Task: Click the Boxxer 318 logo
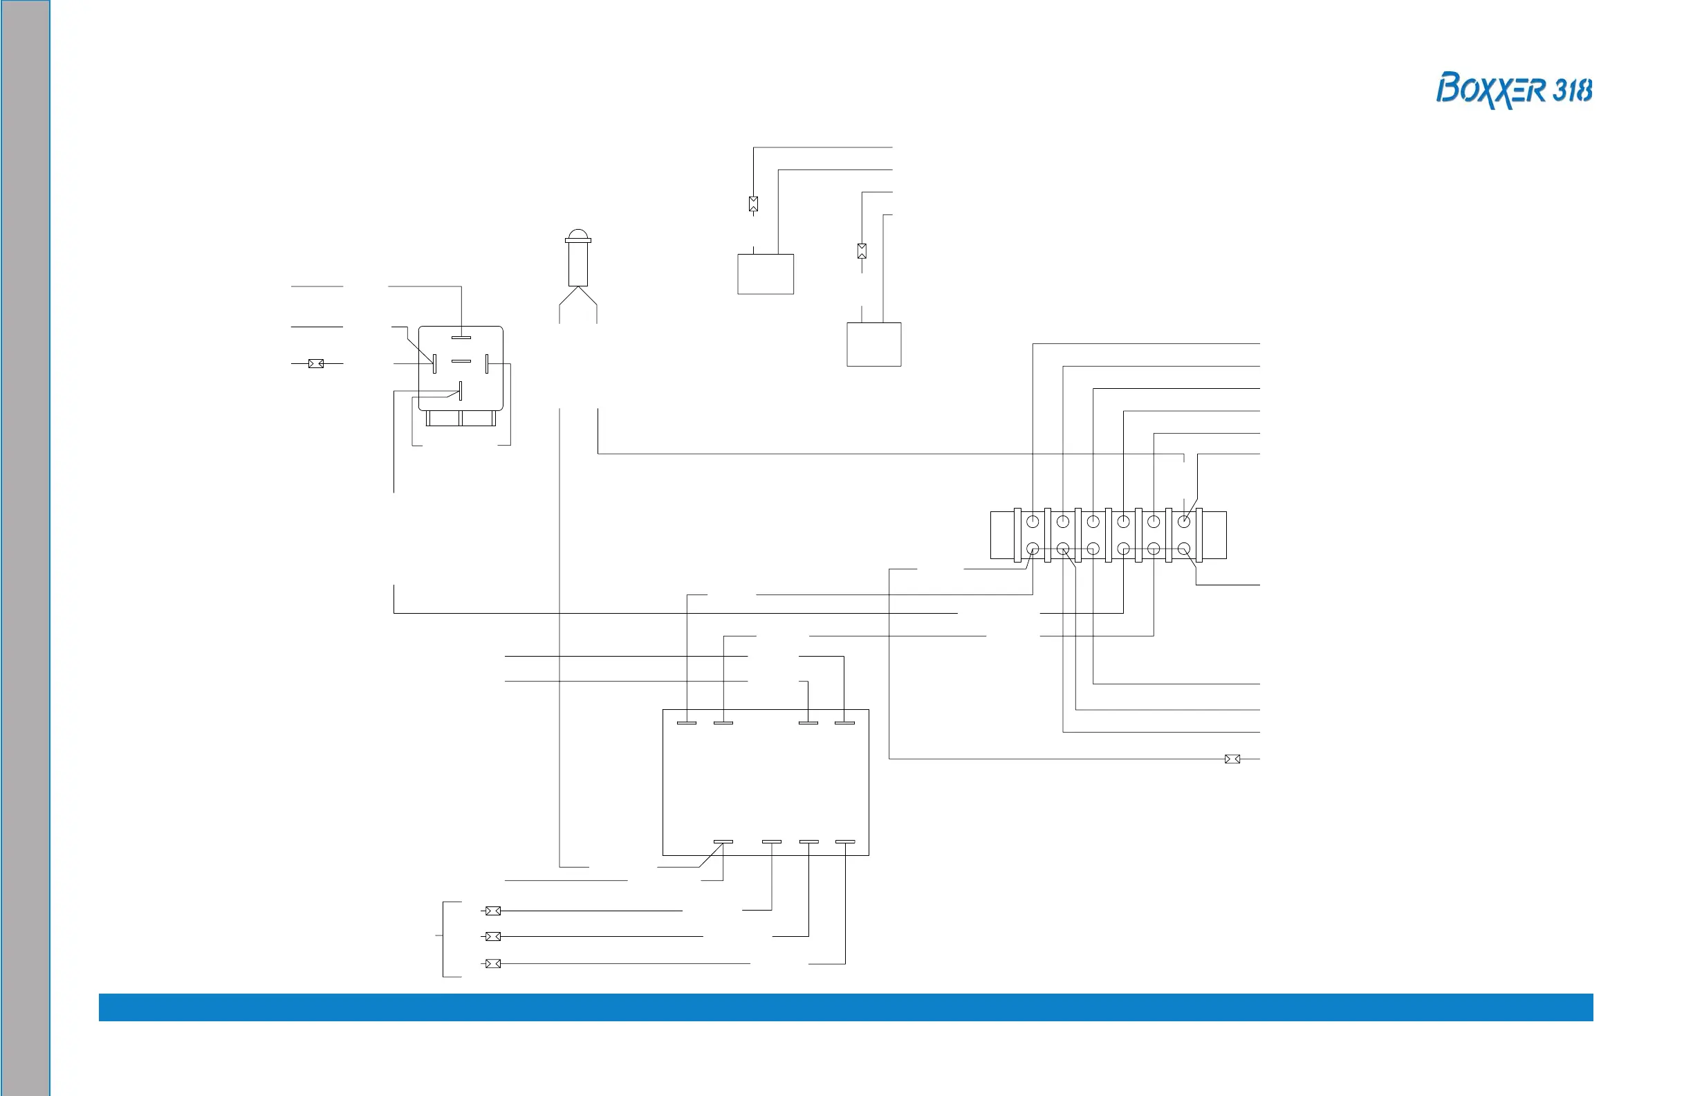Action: (x=1513, y=91)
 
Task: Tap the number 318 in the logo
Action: (x=1572, y=91)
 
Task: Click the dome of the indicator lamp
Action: (x=577, y=234)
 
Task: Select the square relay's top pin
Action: (x=461, y=338)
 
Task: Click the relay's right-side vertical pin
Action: (x=487, y=364)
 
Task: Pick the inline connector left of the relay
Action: (x=316, y=364)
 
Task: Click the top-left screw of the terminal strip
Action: (x=1033, y=522)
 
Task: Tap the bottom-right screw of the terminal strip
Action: (x=1184, y=549)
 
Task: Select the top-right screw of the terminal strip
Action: (x=1184, y=522)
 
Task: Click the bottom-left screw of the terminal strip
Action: (x=1033, y=549)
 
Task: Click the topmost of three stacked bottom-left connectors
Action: (x=493, y=911)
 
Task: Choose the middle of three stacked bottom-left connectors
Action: (x=493, y=937)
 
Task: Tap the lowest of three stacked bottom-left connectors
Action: (x=493, y=964)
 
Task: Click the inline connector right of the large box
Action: (x=1232, y=759)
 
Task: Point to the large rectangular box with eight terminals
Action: (x=766, y=783)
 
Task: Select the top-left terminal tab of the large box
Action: (x=687, y=723)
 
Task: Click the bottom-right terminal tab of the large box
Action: (x=845, y=842)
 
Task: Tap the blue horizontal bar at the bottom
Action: (x=846, y=1007)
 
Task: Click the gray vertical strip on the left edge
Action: (x=26, y=548)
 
